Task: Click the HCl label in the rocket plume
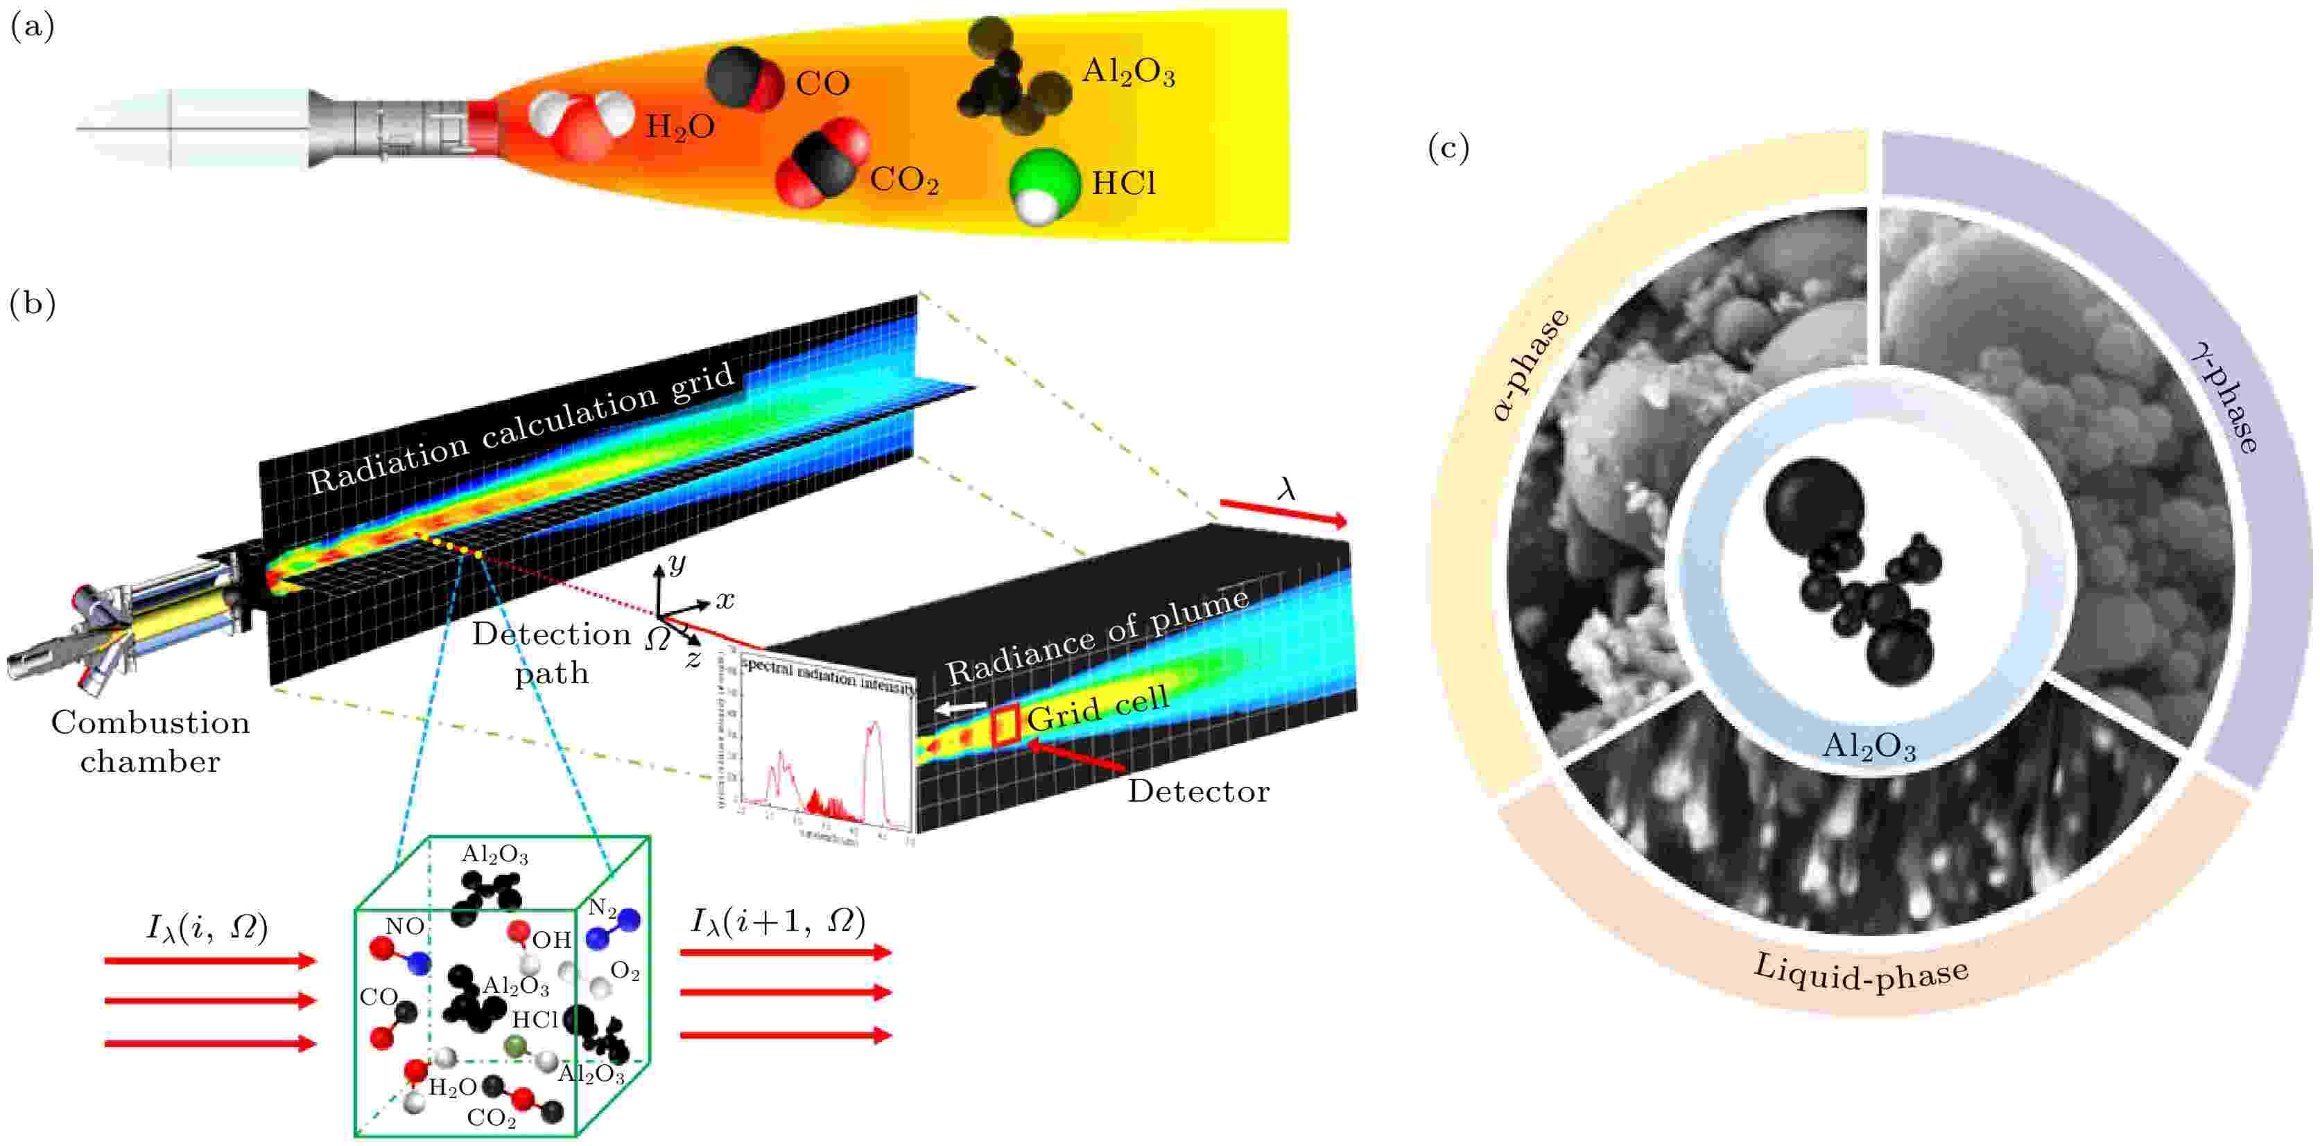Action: tap(1123, 184)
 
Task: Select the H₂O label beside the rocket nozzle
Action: tap(680, 127)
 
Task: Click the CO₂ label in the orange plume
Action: tap(904, 180)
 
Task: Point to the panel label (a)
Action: tap(31, 27)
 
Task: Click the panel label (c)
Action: tap(1448, 148)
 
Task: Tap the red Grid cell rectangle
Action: tap(1005, 725)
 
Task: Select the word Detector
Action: tap(1198, 791)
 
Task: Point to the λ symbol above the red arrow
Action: tap(1286, 489)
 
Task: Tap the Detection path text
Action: tap(551, 653)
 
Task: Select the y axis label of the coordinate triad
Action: tap(676, 563)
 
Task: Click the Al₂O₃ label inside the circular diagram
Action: tap(1869, 746)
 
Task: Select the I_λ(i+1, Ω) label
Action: tap(778, 920)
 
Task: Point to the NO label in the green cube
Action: tap(404, 926)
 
